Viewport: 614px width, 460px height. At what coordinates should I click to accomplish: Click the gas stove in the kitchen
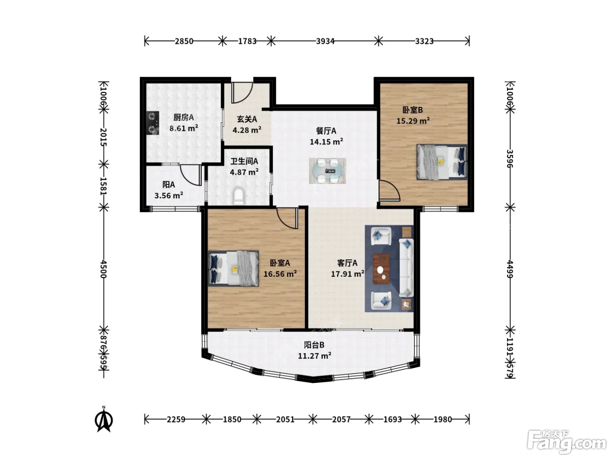153,123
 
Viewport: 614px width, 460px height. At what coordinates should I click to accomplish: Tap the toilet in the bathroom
238,196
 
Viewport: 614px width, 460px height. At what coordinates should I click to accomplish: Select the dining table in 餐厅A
327,171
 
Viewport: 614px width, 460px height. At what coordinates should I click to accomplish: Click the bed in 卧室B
442,162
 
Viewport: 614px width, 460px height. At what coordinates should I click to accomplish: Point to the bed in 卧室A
233,269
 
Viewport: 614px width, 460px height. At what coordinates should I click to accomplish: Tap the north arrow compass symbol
104,420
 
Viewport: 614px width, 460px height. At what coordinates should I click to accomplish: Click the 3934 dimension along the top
325,41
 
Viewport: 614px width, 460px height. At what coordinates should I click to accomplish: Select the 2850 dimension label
184,41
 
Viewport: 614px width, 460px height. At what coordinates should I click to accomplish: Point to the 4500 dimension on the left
104,269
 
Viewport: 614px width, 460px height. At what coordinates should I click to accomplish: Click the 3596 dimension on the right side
510,159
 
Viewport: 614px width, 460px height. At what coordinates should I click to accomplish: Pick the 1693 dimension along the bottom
393,420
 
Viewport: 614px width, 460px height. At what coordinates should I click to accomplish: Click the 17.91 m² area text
348,274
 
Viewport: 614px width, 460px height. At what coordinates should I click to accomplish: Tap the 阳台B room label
314,345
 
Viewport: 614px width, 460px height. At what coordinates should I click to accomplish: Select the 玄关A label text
247,119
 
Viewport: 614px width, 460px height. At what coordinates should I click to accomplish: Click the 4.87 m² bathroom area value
244,172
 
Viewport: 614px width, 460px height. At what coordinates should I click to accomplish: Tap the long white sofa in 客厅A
406,268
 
